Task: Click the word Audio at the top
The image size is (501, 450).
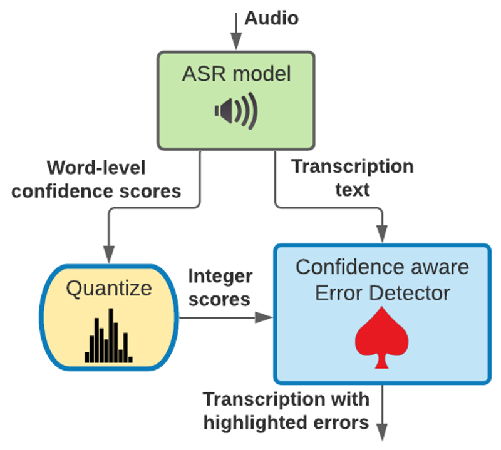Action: pos(272,18)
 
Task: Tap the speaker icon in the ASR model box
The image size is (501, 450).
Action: pos(236,111)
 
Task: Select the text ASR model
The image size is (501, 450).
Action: pos(237,74)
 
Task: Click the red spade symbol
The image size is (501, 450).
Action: pos(382,337)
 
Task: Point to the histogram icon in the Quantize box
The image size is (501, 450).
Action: pos(108,335)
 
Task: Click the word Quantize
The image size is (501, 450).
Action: pos(109,289)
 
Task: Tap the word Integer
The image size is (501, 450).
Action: pos(220,277)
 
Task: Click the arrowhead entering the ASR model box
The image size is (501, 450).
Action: pos(236,41)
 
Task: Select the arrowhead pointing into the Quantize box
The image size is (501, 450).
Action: pos(109,254)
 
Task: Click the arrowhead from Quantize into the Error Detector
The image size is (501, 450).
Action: pos(264,317)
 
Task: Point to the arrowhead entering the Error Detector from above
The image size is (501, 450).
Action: pos(382,234)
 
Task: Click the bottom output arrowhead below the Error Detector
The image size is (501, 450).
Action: pos(382,432)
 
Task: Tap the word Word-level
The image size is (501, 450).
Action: pos(96,168)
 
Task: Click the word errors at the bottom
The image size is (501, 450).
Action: pos(341,423)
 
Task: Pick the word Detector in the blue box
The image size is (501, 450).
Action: pos(410,293)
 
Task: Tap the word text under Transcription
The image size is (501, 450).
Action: pos(353,190)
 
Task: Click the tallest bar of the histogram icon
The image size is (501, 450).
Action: pos(111,335)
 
